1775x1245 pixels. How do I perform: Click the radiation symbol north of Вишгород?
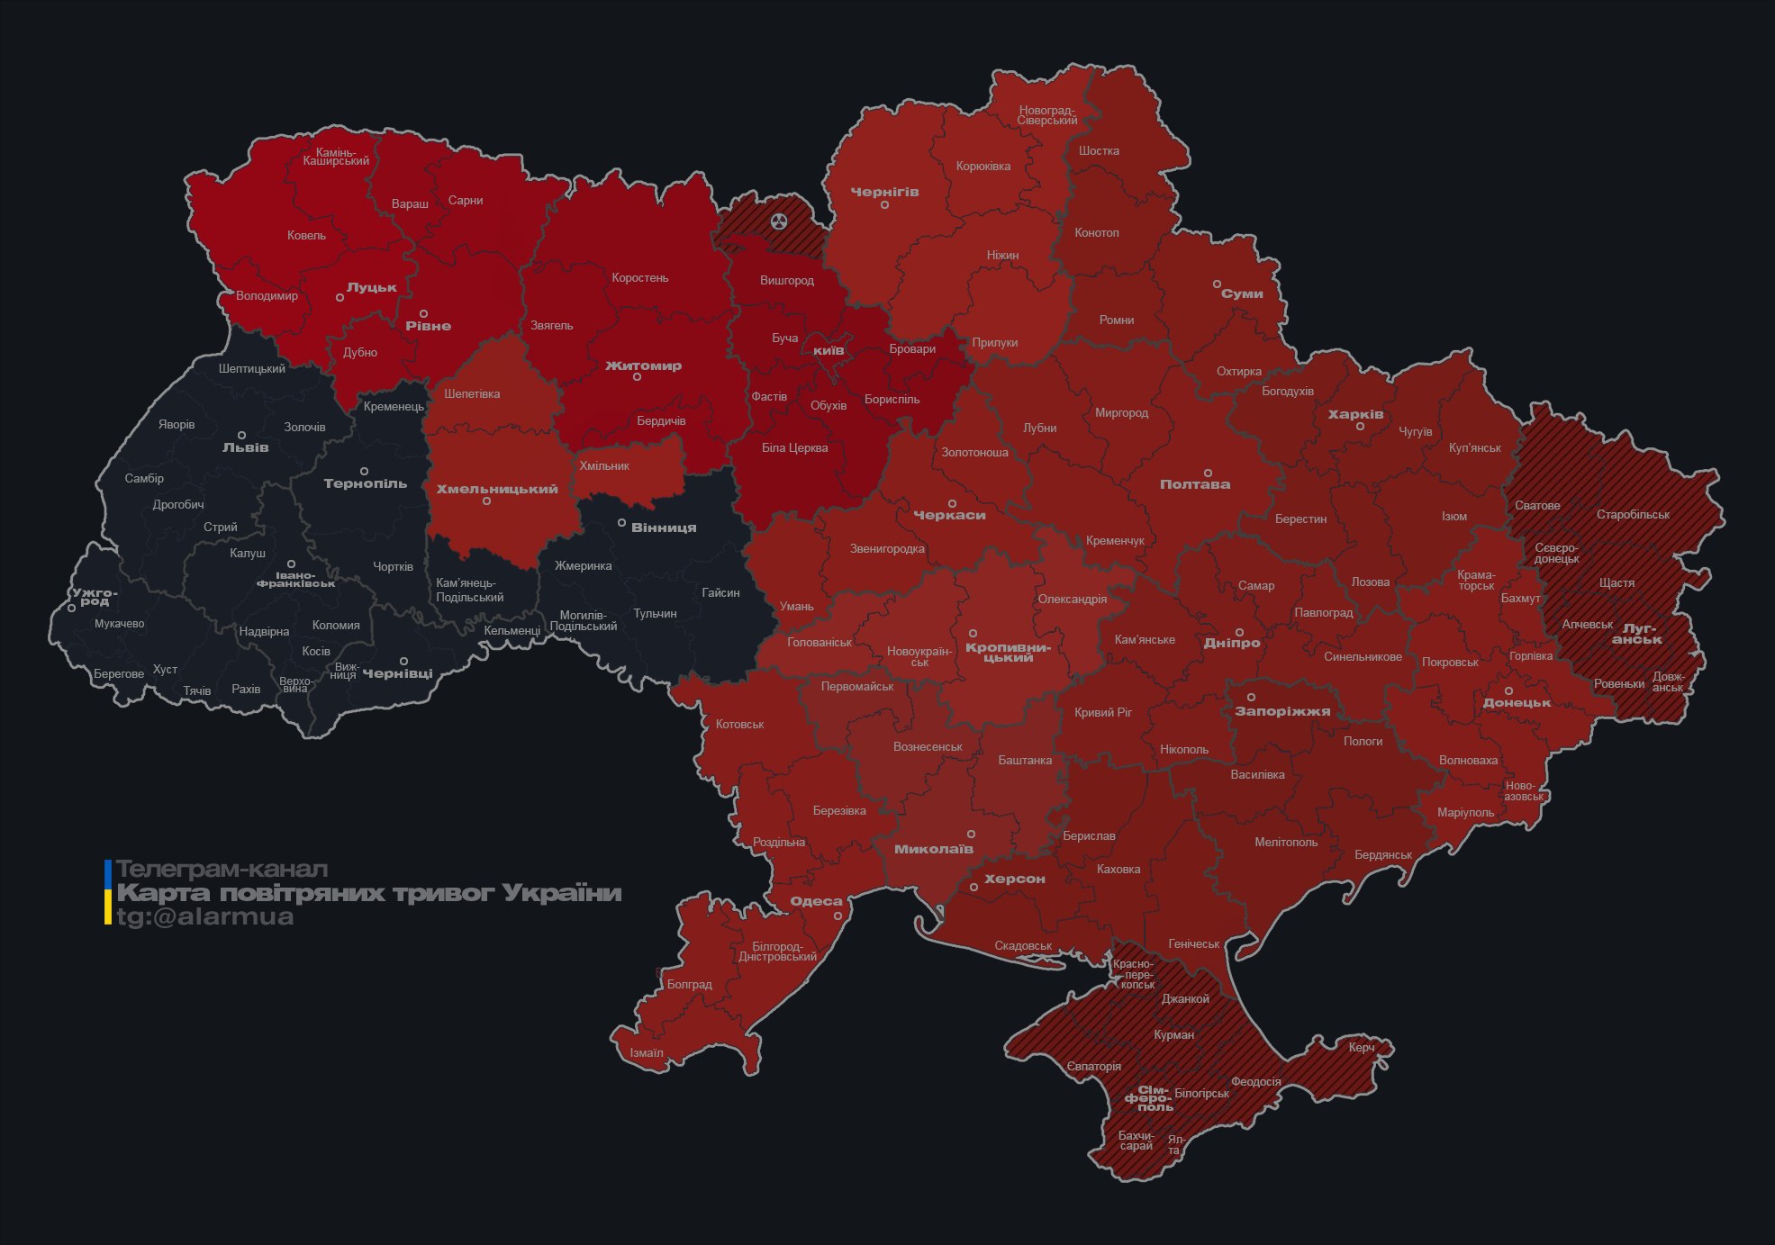pyautogui.click(x=779, y=221)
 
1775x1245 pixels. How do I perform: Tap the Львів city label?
pyautogui.click(x=245, y=447)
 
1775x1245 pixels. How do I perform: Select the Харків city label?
pyautogui.click(x=1355, y=414)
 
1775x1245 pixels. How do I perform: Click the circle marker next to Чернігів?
pyautogui.click(x=884, y=205)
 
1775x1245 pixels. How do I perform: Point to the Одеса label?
pyautogui.click(x=816, y=901)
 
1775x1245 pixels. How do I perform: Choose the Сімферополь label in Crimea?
pyautogui.click(x=1148, y=1098)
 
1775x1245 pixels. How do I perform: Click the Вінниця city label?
pyautogui.click(x=664, y=528)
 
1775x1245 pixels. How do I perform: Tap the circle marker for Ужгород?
pyautogui.click(x=72, y=609)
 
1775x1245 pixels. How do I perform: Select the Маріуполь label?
pyautogui.click(x=1465, y=812)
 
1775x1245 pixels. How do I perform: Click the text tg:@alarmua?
pyautogui.click(x=204, y=916)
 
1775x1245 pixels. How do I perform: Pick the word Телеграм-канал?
pyautogui.click(x=222, y=869)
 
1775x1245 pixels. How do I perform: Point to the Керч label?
pyautogui.click(x=1362, y=1047)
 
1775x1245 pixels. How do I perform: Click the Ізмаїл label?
pyautogui.click(x=646, y=1052)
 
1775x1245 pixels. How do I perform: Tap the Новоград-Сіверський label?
pyautogui.click(x=1047, y=115)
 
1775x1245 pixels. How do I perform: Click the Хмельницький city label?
pyautogui.click(x=497, y=489)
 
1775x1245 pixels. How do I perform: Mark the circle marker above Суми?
pyautogui.click(x=1217, y=284)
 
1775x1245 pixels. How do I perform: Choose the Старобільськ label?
pyautogui.click(x=1632, y=515)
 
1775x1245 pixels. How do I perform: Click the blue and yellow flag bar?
pyautogui.click(x=108, y=892)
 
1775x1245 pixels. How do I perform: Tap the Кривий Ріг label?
pyautogui.click(x=1102, y=712)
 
